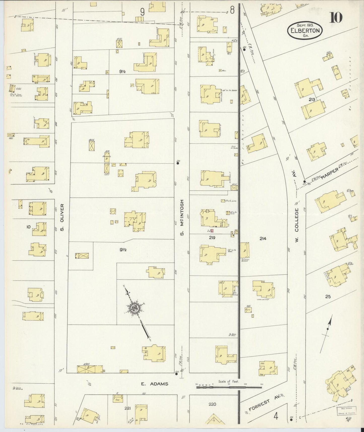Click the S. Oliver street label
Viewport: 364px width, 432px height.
[62, 217]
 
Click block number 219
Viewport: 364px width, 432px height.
[212, 237]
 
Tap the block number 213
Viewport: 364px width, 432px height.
[312, 100]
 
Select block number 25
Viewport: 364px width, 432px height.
[327, 297]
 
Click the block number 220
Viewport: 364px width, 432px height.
[212, 404]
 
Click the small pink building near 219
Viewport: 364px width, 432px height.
[212, 231]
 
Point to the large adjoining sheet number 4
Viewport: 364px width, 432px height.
[276, 417]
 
